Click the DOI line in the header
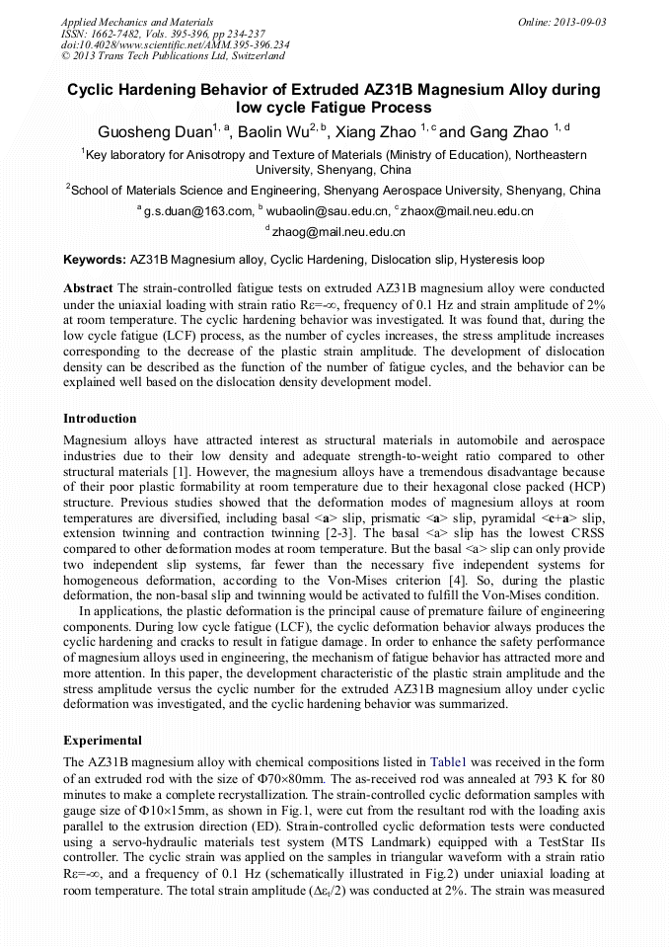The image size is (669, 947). (176, 44)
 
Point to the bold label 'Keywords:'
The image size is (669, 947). (95, 261)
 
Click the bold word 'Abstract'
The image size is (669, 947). (88, 288)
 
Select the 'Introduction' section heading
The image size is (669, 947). (100, 419)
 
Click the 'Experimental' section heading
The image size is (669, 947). (103, 740)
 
